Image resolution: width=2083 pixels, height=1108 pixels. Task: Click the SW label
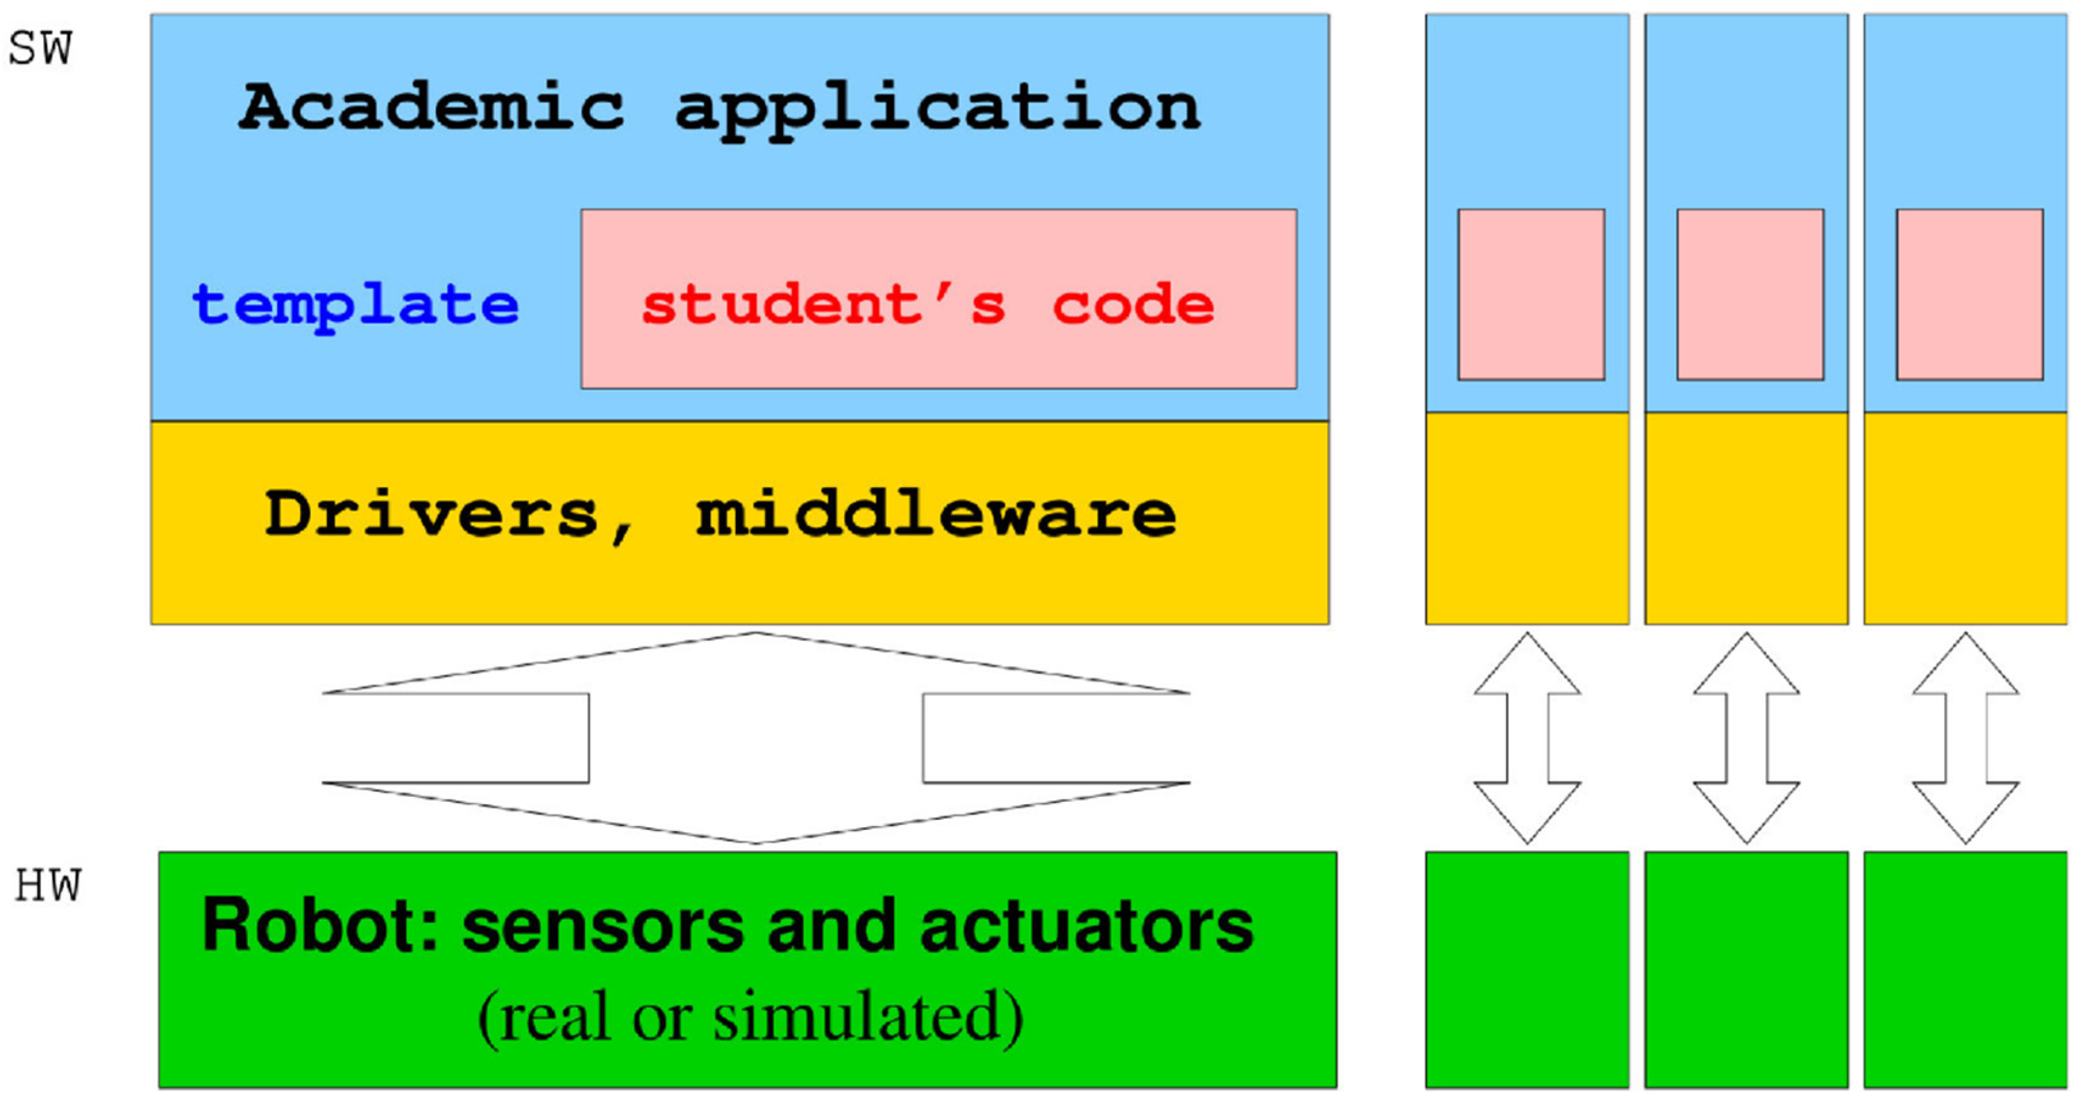(40, 49)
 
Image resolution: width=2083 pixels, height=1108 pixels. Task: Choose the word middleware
(935, 514)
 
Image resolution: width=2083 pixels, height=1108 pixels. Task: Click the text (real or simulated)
(750, 1017)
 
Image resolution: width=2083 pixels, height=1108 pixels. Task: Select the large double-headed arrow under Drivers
(755, 738)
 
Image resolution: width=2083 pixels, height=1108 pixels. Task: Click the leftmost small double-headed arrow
(1527, 738)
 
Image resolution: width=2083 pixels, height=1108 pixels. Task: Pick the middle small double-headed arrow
(1746, 738)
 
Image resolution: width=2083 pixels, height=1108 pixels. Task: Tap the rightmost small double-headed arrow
(1965, 738)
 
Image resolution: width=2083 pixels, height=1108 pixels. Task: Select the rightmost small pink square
(1969, 295)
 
